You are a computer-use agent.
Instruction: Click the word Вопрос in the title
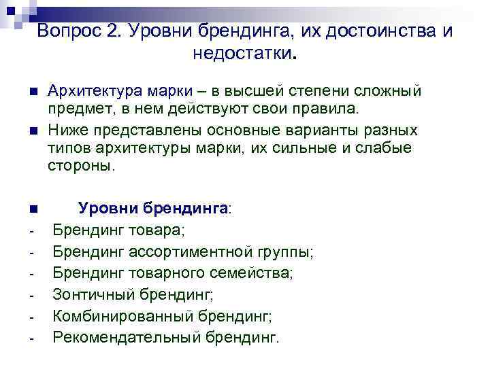(x=65, y=31)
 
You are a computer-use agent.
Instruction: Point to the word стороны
(x=77, y=167)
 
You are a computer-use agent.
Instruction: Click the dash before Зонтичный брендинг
(x=32, y=296)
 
